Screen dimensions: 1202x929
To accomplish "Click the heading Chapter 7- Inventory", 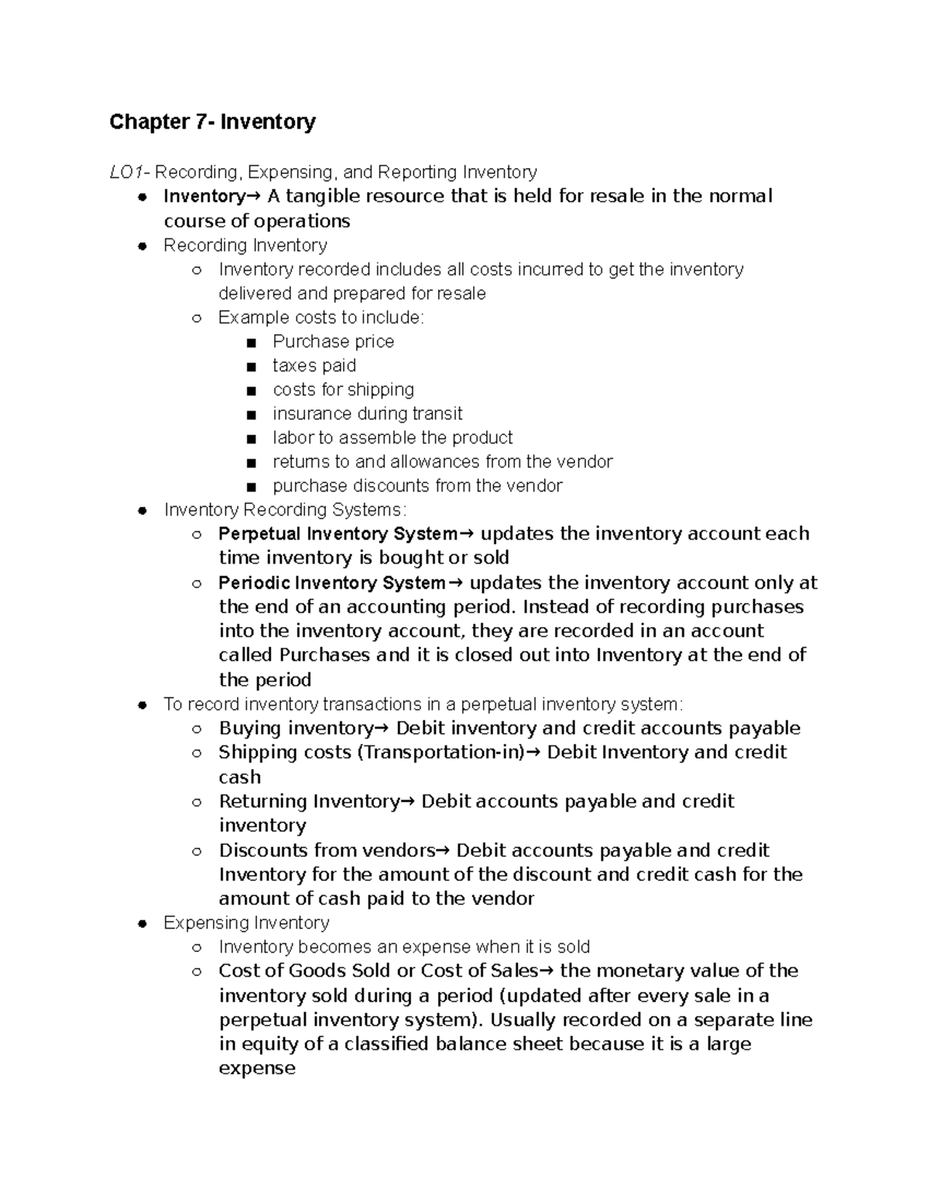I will pos(212,122).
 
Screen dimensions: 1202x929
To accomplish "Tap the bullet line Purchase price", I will pos(333,341).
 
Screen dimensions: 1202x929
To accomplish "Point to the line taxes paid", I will pos(314,365).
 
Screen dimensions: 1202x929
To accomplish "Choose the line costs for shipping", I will pos(343,389).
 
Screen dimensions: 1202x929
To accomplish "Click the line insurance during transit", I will pos(367,413).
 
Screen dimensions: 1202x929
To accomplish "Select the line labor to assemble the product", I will pos(393,437).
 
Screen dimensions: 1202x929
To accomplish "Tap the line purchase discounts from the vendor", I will pos(417,485).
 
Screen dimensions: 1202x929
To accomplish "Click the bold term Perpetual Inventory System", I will pos(338,534).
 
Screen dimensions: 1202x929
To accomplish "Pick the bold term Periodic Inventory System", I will pos(332,583).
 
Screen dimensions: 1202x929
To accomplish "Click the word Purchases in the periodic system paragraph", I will pos(324,655).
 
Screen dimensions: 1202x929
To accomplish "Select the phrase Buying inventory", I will pos(296,728).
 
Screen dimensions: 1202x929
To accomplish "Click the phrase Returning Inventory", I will pos(308,801).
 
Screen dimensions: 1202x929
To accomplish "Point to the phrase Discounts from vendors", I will pos(327,851).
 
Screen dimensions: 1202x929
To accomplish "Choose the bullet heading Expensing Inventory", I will pos(246,923).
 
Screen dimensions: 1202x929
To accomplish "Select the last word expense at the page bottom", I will pos(257,1068).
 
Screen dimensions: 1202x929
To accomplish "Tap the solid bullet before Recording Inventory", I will pos(142,246).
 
